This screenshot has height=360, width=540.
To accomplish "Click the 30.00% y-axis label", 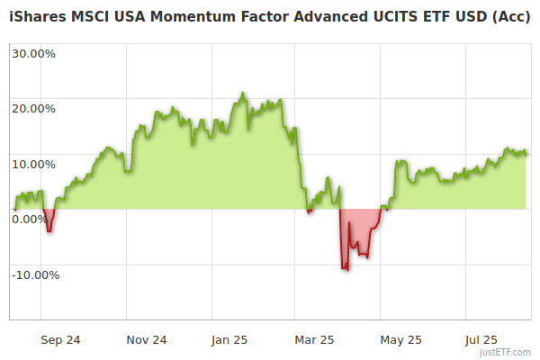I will point(33,53).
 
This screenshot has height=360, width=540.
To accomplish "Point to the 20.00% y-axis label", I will point(33,109).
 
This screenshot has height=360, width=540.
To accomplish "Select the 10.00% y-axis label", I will point(33,165).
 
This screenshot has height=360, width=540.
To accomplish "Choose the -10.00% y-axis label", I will point(35,275).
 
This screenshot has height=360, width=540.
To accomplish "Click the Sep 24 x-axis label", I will point(61,340).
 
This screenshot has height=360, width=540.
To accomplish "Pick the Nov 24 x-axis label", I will point(147,340).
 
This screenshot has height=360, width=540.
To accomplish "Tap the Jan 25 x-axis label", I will point(229,340).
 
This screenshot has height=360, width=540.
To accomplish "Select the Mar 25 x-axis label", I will point(314,340).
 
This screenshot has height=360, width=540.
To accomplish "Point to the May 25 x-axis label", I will point(400,340).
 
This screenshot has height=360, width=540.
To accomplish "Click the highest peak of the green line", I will point(242,93).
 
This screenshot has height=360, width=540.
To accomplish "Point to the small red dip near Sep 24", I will point(49,231).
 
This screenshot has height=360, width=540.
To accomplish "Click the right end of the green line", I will point(526,153).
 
